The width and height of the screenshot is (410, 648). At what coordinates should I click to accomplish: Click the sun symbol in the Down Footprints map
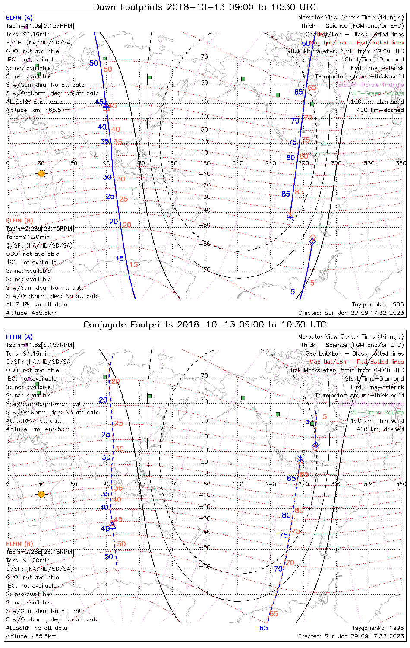click(x=41, y=173)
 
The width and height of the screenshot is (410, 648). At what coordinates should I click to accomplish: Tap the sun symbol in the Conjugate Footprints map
click(x=41, y=494)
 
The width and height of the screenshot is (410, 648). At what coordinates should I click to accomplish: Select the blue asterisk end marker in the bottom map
click(x=301, y=459)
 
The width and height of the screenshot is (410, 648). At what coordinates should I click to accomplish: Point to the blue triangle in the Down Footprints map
click(x=106, y=104)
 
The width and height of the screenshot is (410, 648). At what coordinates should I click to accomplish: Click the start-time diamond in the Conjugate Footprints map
click(x=316, y=445)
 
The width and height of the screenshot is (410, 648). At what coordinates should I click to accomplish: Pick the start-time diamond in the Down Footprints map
click(x=312, y=241)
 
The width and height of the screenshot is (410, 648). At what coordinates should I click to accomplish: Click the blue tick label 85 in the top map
click(x=286, y=194)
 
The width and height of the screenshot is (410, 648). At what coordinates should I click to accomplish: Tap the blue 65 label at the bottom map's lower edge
click(x=264, y=628)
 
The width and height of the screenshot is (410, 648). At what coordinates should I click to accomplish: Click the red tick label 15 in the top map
click(x=134, y=264)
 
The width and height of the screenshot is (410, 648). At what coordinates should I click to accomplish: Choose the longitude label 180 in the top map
click(x=205, y=163)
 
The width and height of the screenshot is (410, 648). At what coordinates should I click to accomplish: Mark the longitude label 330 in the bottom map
click(x=369, y=484)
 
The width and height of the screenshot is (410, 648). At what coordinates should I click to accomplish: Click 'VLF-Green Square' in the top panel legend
click(x=377, y=93)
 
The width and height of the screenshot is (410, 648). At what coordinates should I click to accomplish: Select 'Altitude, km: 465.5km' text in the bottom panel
click(x=38, y=429)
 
